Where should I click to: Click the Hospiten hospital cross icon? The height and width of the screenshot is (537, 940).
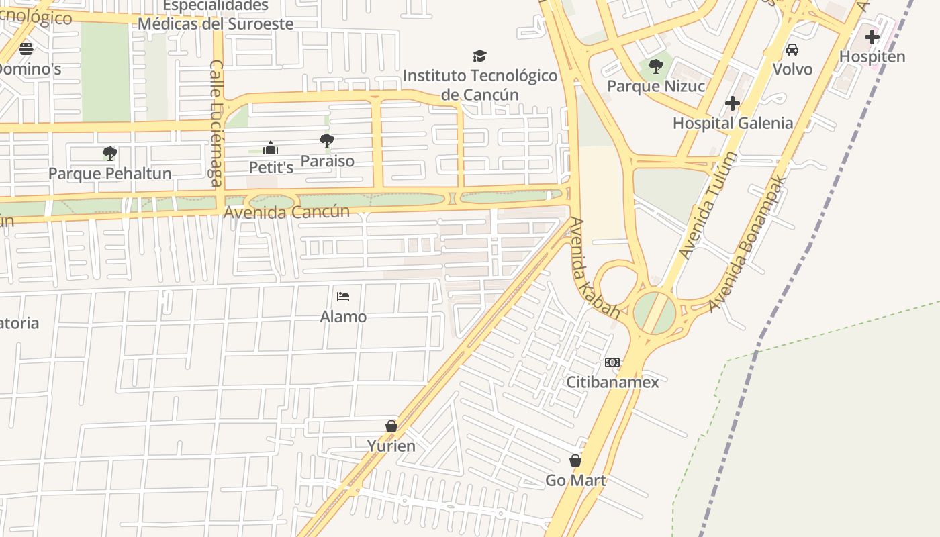coord(872,37)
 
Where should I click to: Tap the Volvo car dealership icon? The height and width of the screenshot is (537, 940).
coord(792,50)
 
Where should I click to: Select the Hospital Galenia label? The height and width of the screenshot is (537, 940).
coord(733,124)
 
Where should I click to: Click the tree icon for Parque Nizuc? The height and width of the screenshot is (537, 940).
coord(656,66)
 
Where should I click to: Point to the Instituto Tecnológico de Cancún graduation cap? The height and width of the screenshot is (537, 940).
coord(479,56)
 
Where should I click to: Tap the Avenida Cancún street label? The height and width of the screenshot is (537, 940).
coord(287,212)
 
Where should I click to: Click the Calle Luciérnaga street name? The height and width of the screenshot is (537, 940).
coord(216,123)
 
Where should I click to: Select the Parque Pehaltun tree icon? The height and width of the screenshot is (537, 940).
coord(110,154)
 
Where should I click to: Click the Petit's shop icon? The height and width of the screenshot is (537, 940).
coord(271,148)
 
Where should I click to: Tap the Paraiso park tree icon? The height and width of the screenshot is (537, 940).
coord(327,141)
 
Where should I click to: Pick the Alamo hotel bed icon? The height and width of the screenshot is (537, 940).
coord(343,297)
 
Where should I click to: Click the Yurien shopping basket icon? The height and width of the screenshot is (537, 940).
coord(391,426)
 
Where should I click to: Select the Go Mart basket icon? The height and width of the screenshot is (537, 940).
coord(575,460)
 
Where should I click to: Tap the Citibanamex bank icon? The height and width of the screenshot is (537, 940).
coord(612,362)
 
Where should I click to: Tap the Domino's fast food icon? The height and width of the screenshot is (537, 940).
coord(26,48)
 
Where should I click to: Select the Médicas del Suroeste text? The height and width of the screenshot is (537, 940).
coord(216,24)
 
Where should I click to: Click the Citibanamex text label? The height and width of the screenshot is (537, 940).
coord(612,382)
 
